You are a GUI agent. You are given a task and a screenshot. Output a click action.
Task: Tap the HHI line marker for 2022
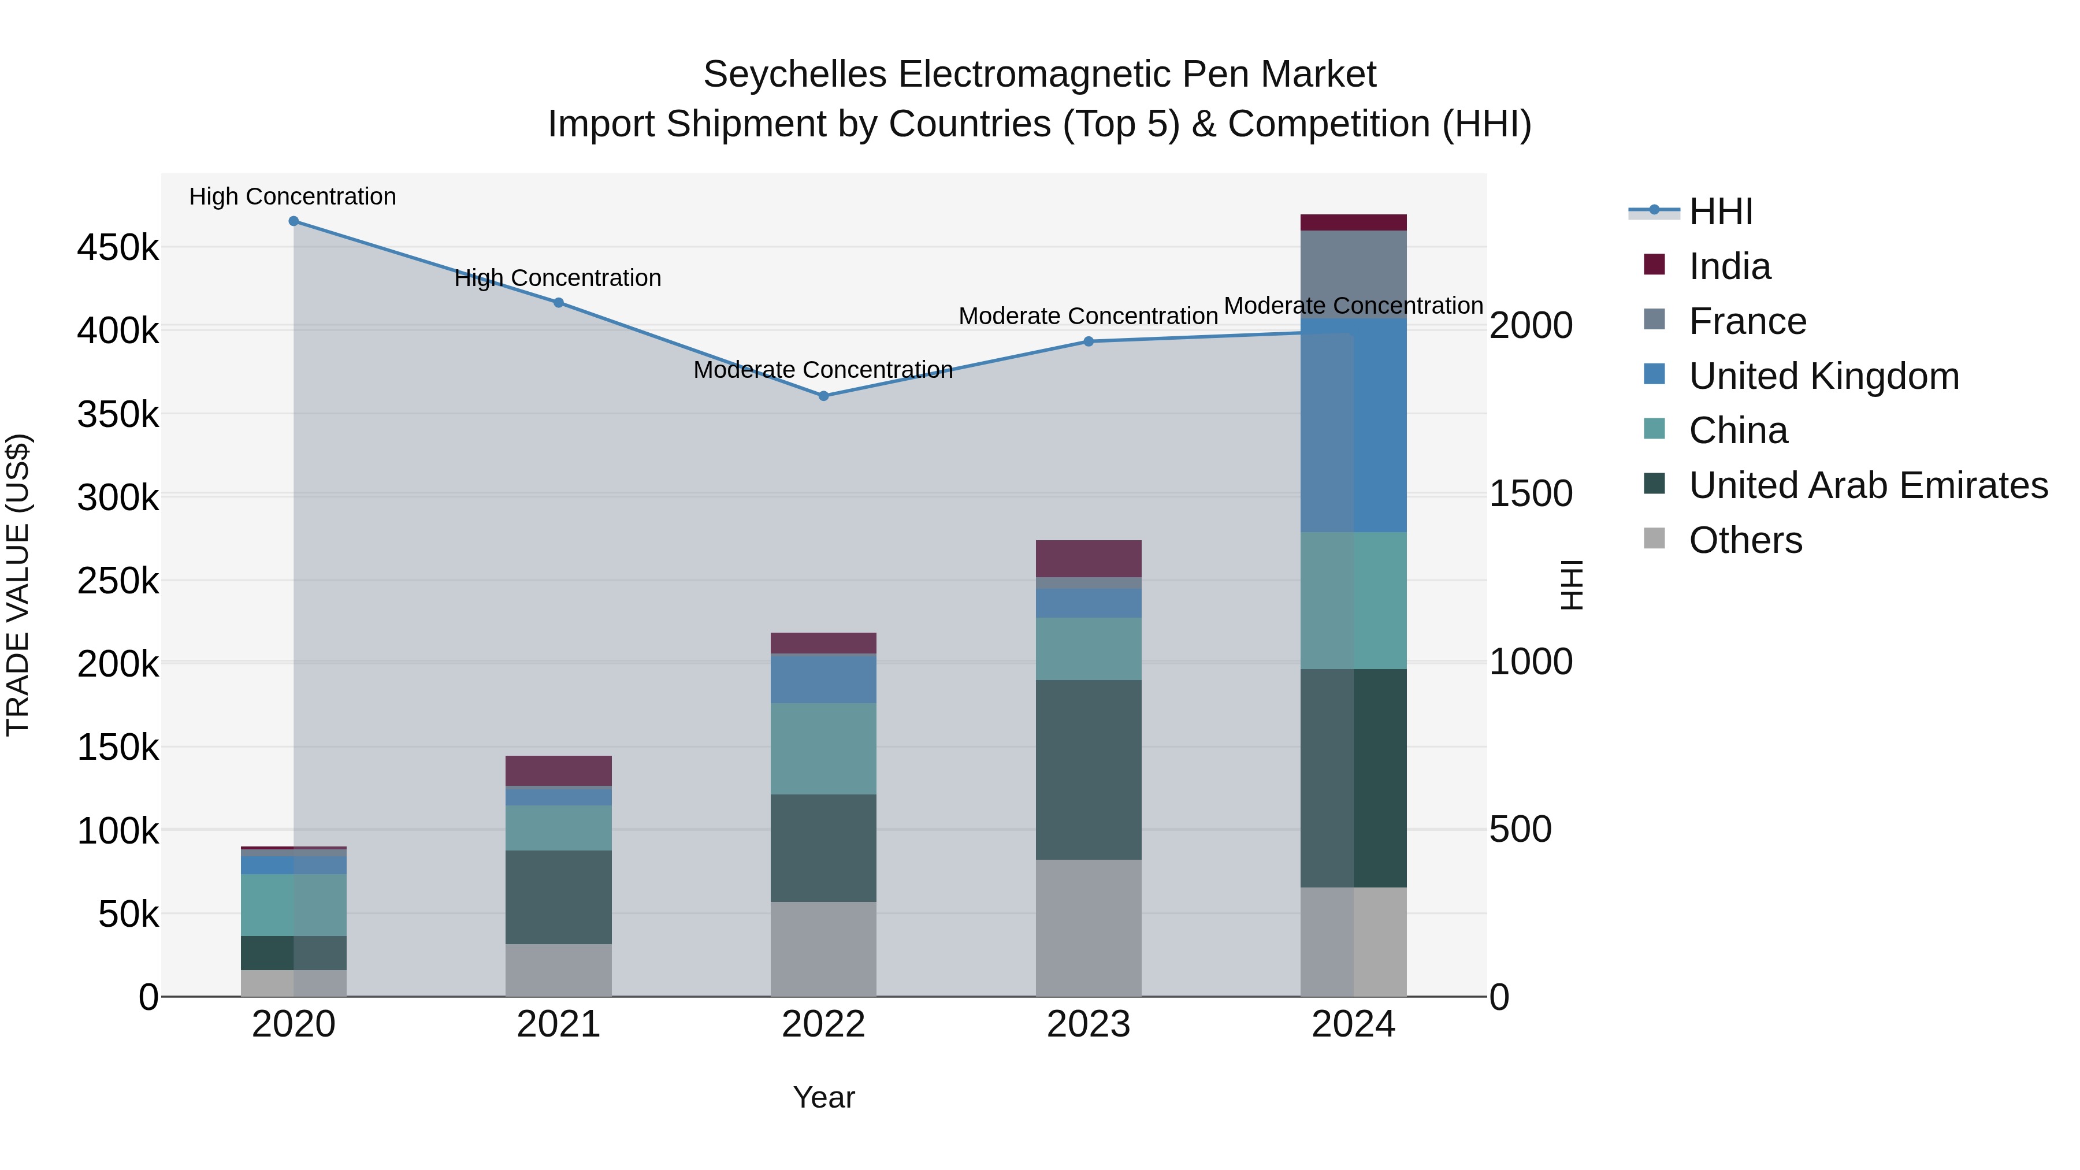(823, 396)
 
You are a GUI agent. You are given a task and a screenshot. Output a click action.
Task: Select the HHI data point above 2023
(1089, 341)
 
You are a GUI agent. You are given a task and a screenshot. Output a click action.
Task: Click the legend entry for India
(1729, 266)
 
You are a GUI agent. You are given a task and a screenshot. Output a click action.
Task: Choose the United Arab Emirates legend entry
(1867, 485)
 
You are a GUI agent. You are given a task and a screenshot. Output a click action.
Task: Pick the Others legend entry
(1745, 540)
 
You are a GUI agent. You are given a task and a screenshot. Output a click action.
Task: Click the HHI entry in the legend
(1720, 211)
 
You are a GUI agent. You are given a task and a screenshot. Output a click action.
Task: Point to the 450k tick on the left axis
(118, 247)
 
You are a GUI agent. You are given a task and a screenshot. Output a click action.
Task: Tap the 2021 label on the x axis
(558, 1024)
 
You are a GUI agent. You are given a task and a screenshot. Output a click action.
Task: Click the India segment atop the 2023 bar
(1089, 558)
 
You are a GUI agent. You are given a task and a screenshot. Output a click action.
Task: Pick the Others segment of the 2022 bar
(823, 949)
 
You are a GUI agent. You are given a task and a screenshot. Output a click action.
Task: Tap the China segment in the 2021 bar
(558, 827)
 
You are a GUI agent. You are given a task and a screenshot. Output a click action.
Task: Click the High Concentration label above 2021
(558, 278)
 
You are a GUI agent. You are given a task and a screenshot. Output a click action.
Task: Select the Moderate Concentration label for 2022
(823, 370)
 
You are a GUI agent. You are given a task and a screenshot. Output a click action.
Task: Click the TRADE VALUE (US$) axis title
(18, 585)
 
